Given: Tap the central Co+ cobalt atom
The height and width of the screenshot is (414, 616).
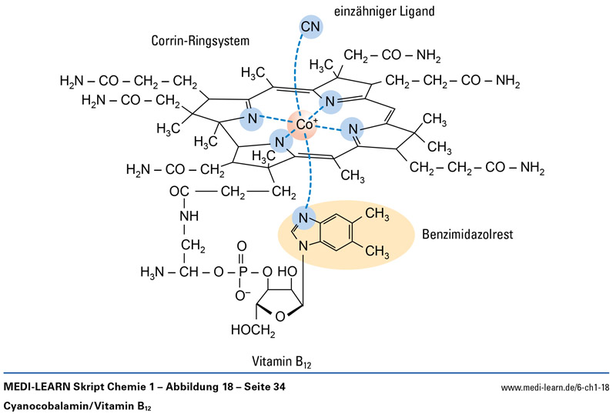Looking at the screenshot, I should [303, 122].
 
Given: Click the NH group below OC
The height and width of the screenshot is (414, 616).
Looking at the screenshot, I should [189, 215].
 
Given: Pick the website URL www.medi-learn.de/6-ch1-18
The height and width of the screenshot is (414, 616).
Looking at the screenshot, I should [554, 388].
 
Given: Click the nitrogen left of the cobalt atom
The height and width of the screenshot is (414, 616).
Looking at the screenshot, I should [249, 119].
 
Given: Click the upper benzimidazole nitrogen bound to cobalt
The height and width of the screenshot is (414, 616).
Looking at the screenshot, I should [303, 219].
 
